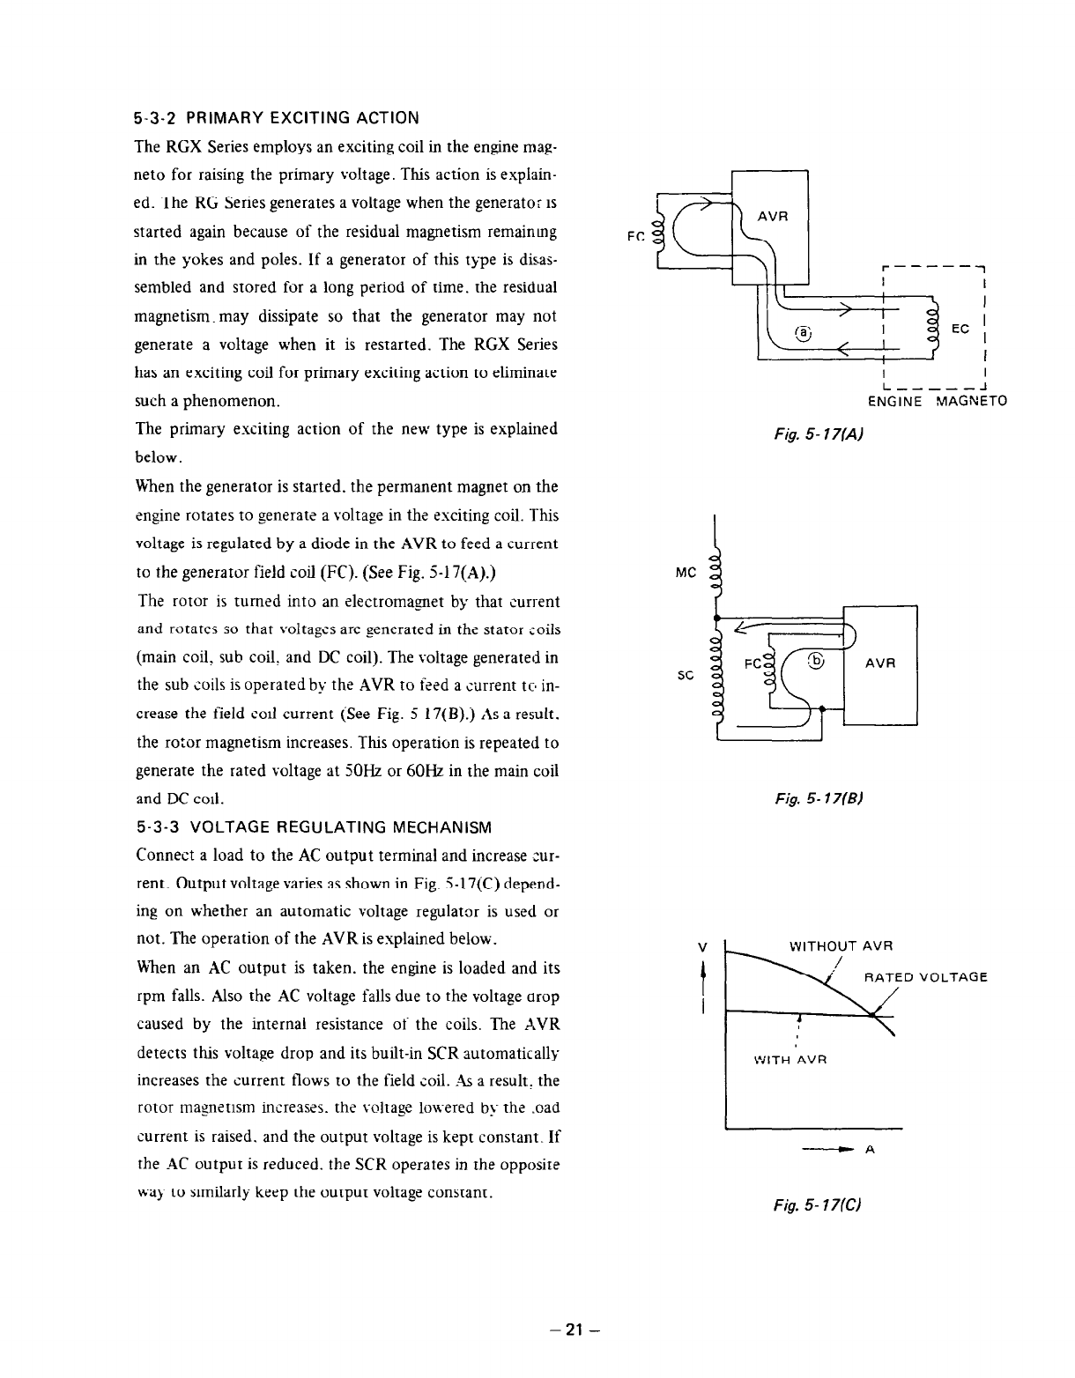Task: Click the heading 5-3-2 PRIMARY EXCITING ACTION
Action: coord(278,118)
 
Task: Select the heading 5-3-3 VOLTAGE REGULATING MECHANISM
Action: coord(314,827)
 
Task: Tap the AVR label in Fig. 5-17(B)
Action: coord(879,664)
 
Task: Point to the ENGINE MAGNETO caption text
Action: coord(938,402)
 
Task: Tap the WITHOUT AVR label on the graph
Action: coord(841,946)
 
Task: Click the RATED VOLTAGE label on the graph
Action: coord(925,976)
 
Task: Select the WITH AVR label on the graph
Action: coord(789,1060)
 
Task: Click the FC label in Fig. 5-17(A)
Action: coord(634,236)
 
